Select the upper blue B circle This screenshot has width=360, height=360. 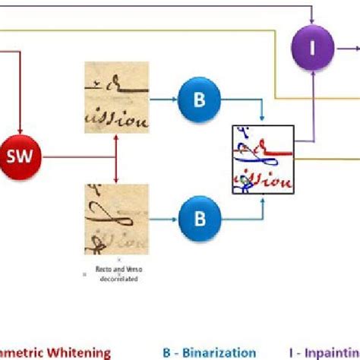[200, 99]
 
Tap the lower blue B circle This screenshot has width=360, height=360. [200, 219]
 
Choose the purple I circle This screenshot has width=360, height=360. [312, 49]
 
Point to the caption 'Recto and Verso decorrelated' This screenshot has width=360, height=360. [118, 273]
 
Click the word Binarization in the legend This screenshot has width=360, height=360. [219, 352]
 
